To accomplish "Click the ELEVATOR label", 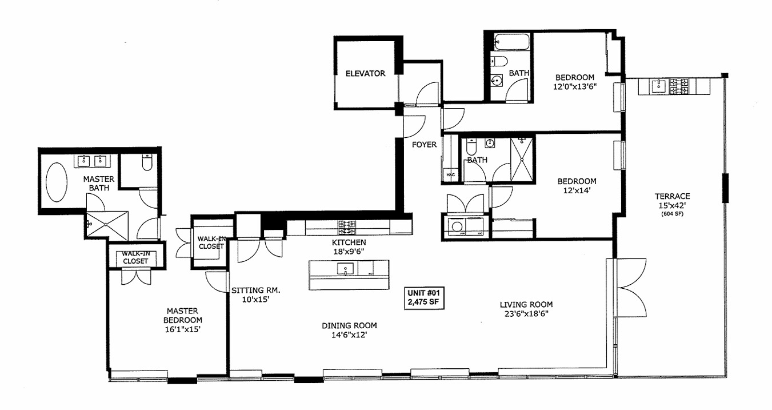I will (365, 73).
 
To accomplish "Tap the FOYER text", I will (424, 145).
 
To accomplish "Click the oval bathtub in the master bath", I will (57, 182).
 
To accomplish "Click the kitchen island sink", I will (346, 269).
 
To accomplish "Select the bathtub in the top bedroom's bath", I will (512, 42).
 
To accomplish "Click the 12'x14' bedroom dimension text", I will (576, 192).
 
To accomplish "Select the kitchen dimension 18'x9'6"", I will (348, 250).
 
